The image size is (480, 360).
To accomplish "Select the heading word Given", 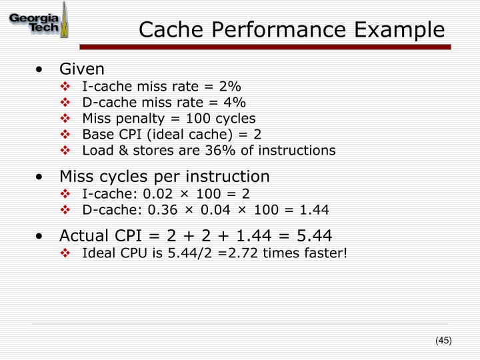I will (82, 69).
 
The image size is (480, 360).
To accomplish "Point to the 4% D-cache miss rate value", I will (235, 102).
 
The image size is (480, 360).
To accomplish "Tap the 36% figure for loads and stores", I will (199, 150).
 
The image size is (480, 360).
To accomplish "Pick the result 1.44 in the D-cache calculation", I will (315, 209).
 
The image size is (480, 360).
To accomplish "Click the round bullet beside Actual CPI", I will (43, 237).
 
